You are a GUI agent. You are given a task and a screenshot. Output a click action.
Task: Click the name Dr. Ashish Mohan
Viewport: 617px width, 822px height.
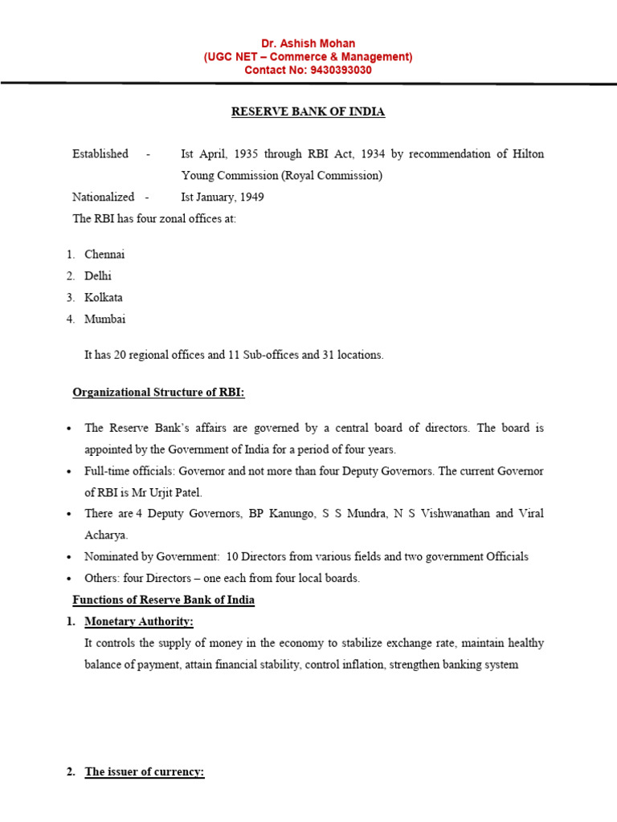pyautogui.click(x=308, y=43)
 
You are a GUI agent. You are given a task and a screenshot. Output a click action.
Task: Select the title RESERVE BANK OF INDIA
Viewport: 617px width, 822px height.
pyautogui.click(x=308, y=112)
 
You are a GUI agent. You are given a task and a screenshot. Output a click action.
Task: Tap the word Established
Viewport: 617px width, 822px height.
pyautogui.click(x=100, y=153)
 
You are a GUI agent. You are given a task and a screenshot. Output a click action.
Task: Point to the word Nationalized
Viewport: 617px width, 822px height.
pyautogui.click(x=104, y=197)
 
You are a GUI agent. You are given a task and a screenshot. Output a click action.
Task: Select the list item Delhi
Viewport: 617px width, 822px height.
pyautogui.click(x=99, y=276)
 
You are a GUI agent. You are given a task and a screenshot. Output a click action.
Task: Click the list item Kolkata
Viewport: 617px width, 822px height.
pyautogui.click(x=104, y=298)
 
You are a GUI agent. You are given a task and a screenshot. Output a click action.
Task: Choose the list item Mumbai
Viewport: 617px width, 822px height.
pyautogui.click(x=105, y=319)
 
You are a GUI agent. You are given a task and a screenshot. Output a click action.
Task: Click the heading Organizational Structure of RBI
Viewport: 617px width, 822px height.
pyautogui.click(x=158, y=393)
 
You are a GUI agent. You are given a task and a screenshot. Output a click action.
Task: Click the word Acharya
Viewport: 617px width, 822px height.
pyautogui.click(x=106, y=535)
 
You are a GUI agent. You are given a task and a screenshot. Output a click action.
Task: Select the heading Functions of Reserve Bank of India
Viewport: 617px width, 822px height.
pyautogui.click(x=163, y=600)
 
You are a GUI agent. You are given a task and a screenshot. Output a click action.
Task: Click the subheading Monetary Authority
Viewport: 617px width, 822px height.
pyautogui.click(x=139, y=622)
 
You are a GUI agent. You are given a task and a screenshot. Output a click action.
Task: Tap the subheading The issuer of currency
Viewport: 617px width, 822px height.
pyautogui.click(x=145, y=772)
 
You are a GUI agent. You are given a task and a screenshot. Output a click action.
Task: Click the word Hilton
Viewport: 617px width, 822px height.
pyautogui.click(x=528, y=153)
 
